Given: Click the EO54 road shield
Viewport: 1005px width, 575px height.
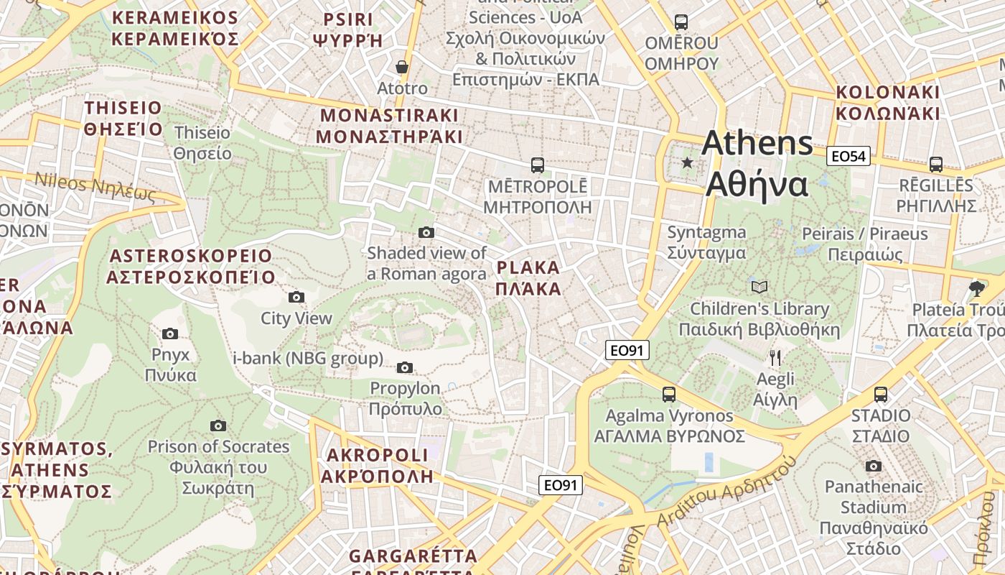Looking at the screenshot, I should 848,156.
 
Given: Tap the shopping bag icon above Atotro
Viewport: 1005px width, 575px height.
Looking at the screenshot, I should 402,67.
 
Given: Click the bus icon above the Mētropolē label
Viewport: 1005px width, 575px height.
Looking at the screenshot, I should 537,165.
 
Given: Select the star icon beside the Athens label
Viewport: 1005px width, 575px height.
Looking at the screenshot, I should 687,162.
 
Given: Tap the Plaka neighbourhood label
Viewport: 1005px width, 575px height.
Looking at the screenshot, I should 528,278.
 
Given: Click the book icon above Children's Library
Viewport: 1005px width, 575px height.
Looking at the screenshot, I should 759,287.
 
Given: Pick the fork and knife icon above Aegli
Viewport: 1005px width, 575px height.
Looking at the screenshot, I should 775,357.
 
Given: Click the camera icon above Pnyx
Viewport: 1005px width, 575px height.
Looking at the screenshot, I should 170,333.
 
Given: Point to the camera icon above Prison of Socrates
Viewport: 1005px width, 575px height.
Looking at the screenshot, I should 218,426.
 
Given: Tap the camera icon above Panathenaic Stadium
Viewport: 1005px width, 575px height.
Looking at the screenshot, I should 873,466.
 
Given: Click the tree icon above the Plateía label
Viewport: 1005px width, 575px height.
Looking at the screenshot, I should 976,289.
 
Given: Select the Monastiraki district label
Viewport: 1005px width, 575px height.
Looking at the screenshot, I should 388,126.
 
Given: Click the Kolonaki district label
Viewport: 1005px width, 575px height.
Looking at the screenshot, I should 887,103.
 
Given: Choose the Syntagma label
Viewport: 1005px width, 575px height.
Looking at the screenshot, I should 706,242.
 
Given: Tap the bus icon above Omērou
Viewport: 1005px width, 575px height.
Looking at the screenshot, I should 681,22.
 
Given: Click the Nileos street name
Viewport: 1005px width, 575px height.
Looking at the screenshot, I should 95,187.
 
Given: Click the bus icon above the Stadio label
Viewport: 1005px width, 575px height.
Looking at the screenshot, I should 880,395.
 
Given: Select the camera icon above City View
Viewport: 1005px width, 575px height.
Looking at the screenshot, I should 296,298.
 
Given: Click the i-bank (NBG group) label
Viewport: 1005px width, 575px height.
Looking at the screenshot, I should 308,358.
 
